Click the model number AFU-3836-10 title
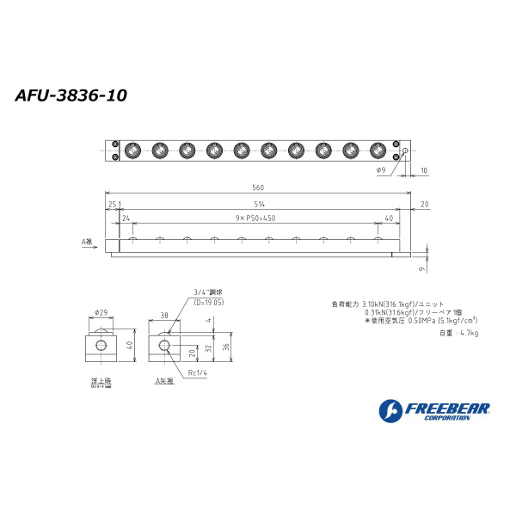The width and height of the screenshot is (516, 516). click(x=71, y=95)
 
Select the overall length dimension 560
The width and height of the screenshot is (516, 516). click(x=258, y=187)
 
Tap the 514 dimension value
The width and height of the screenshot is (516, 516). click(x=259, y=203)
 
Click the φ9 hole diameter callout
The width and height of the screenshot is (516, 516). click(x=380, y=171)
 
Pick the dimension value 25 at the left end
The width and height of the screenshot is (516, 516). click(x=112, y=203)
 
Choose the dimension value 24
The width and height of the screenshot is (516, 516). click(x=126, y=218)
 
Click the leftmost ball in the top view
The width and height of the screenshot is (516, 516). click(x=133, y=150)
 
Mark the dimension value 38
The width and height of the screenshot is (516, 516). click(x=163, y=316)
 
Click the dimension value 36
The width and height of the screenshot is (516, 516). click(x=226, y=347)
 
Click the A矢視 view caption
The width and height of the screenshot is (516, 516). click(x=163, y=379)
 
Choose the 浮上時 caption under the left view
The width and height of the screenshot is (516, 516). click(x=101, y=379)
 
